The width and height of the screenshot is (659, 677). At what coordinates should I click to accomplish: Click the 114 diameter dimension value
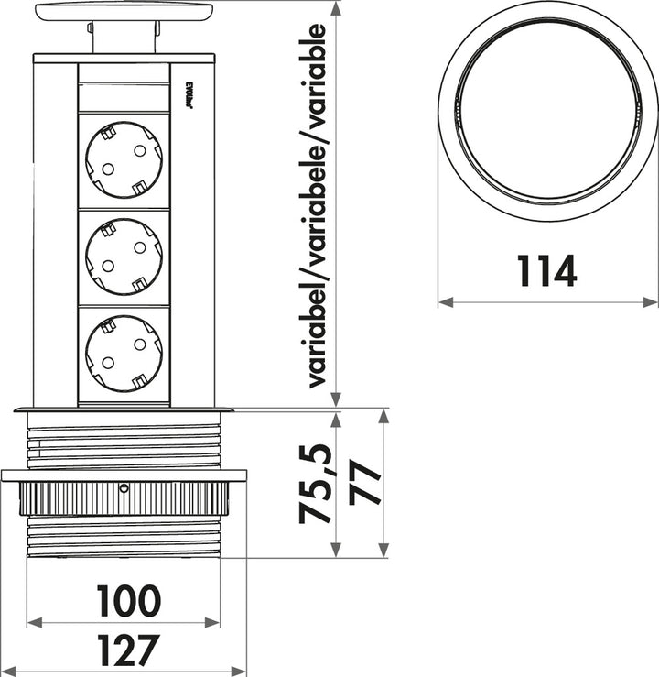tap(547, 271)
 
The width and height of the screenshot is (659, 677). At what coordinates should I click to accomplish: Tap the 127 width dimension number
tap(128, 651)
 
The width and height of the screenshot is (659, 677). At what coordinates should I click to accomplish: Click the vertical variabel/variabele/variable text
tap(316, 206)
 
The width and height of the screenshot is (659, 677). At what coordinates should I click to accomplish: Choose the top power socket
tap(124, 160)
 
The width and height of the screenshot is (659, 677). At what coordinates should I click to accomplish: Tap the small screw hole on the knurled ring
tap(124, 489)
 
